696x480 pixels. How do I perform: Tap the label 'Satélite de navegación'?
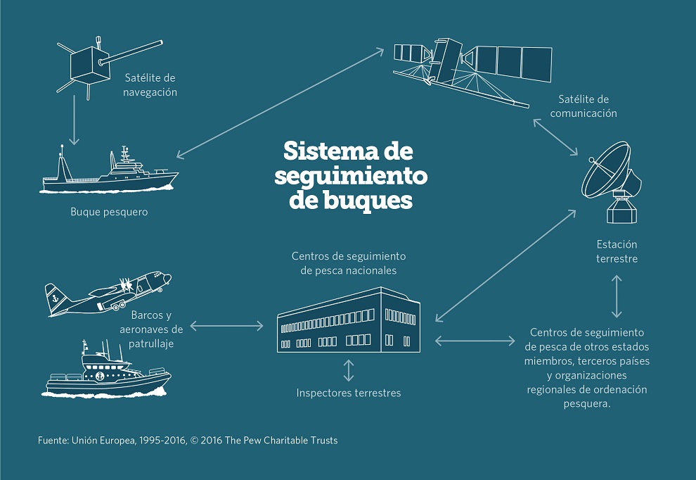click(150, 85)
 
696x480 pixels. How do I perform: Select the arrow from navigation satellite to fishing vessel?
click(74, 120)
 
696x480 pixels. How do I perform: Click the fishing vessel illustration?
click(109, 171)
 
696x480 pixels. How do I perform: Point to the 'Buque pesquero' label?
click(109, 212)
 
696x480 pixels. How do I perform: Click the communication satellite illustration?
click(472, 71)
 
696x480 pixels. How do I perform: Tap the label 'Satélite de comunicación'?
click(584, 106)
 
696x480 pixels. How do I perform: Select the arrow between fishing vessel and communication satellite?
click(280, 103)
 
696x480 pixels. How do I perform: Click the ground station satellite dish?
click(612, 182)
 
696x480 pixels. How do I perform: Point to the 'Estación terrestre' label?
click(617, 251)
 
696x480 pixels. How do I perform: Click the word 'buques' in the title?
click(368, 200)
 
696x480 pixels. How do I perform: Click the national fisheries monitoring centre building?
click(349, 320)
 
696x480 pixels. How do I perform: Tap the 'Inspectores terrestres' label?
click(349, 393)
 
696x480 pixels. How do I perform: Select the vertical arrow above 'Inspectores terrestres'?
click(349, 370)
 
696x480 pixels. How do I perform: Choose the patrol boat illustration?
click(107, 371)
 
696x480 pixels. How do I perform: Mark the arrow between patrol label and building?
click(227, 326)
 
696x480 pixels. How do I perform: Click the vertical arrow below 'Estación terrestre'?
click(617, 296)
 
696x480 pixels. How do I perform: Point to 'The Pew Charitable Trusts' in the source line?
click(281, 441)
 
